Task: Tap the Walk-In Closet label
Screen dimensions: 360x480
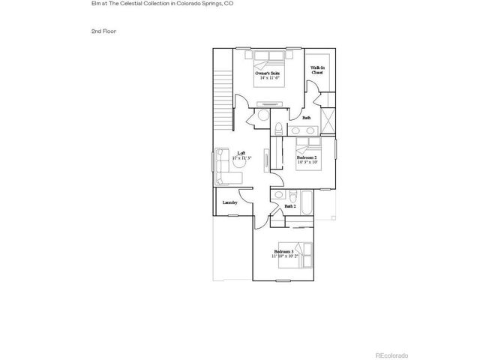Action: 318,69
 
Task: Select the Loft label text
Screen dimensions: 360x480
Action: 241,152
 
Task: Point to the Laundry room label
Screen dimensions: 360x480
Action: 229,202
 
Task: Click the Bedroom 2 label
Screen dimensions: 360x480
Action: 306,158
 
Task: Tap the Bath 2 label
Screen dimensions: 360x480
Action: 289,205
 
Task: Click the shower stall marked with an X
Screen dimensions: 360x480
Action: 328,119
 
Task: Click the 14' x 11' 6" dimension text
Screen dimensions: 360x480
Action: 271,78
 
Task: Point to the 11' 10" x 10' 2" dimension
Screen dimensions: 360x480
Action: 285,256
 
